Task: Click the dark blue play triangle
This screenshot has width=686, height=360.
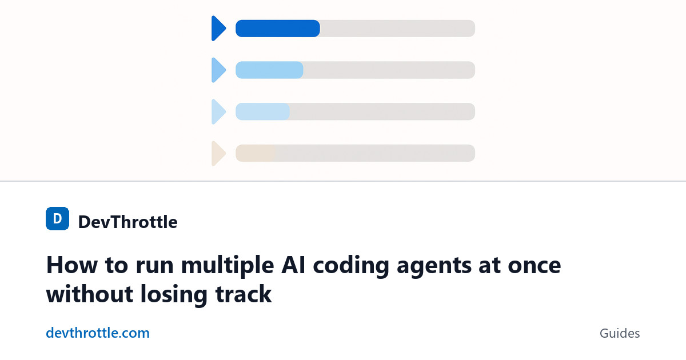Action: (218, 29)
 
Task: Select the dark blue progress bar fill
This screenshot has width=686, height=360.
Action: (278, 29)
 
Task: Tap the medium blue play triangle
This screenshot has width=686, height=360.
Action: (218, 70)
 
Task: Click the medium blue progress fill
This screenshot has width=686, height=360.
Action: (269, 70)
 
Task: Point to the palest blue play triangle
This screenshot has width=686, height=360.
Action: (218, 112)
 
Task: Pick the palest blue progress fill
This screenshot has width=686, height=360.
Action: (262, 112)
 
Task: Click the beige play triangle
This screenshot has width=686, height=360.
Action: (218, 153)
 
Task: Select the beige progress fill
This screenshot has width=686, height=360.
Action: (256, 153)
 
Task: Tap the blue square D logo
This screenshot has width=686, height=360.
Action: (57, 218)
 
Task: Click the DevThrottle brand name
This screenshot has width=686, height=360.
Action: (127, 222)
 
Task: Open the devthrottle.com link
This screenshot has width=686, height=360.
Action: (98, 333)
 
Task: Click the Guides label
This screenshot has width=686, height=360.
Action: (620, 333)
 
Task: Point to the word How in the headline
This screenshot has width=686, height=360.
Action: (72, 265)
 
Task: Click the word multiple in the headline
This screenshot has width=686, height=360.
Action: (228, 266)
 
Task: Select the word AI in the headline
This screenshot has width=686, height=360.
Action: (294, 265)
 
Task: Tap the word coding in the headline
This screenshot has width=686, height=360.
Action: (351, 266)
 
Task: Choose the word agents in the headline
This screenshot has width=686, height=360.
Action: (434, 267)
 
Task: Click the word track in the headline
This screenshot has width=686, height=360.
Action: (244, 294)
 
